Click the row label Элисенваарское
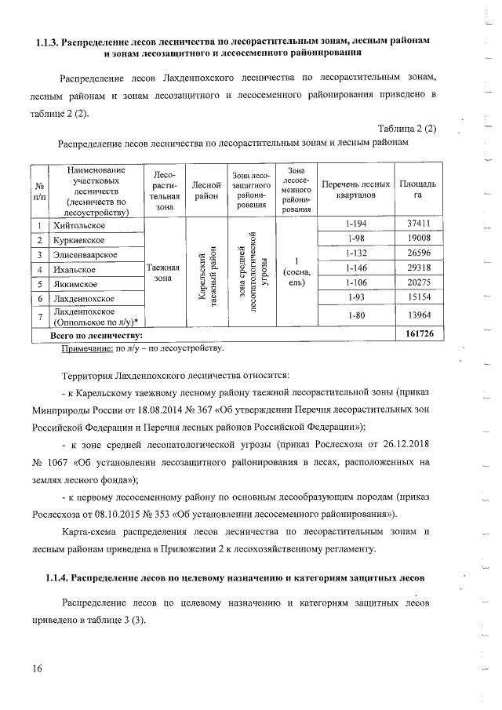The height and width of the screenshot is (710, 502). coord(85,256)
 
